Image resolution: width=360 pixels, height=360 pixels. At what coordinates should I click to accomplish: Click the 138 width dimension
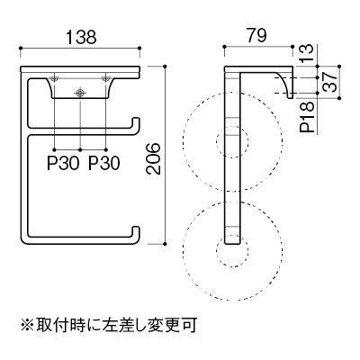[x=81, y=37]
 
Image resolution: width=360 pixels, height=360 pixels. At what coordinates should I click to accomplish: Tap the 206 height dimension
[x=153, y=158]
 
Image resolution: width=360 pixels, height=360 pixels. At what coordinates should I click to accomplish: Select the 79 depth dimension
[x=256, y=36]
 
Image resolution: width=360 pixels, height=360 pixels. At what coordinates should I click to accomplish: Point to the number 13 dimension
[x=306, y=53]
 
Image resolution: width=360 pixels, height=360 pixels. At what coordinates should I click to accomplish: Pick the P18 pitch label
[x=306, y=117]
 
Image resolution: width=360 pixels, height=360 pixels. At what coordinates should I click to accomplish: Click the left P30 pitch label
[x=63, y=164]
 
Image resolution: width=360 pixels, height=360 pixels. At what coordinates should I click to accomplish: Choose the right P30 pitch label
[x=104, y=164]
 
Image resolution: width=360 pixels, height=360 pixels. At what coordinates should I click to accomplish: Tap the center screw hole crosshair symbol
[x=80, y=94]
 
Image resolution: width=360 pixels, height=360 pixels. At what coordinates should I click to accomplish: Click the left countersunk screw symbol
[x=54, y=79]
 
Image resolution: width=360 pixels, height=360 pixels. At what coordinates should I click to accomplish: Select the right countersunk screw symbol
[x=105, y=79]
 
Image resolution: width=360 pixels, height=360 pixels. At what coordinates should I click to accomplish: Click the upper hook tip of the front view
[x=136, y=119]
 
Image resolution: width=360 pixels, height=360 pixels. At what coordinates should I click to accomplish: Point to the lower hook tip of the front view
[x=136, y=228]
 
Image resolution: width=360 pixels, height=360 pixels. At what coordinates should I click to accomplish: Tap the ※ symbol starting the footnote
[x=27, y=326]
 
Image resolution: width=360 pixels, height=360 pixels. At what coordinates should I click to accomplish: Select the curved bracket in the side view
[x=284, y=83]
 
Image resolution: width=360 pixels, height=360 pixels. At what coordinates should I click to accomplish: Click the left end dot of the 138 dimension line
[x=21, y=48]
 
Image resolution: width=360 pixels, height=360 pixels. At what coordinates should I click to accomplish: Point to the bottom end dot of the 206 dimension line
[x=166, y=244]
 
